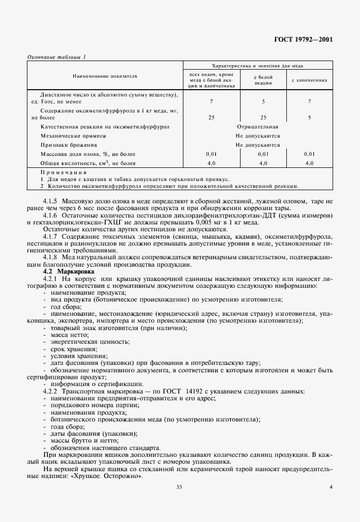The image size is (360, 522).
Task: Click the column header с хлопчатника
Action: pos(309,81)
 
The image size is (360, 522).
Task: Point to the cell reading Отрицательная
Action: pos(257,126)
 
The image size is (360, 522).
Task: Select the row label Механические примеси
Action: pos(74,136)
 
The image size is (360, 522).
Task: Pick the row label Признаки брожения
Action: pos(68,145)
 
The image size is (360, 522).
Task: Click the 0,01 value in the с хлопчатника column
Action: pos(309,154)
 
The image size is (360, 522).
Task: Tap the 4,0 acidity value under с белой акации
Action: pos(263,163)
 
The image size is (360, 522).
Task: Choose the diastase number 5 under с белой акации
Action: pos(263,101)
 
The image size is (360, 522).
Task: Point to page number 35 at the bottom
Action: pos(179,487)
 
